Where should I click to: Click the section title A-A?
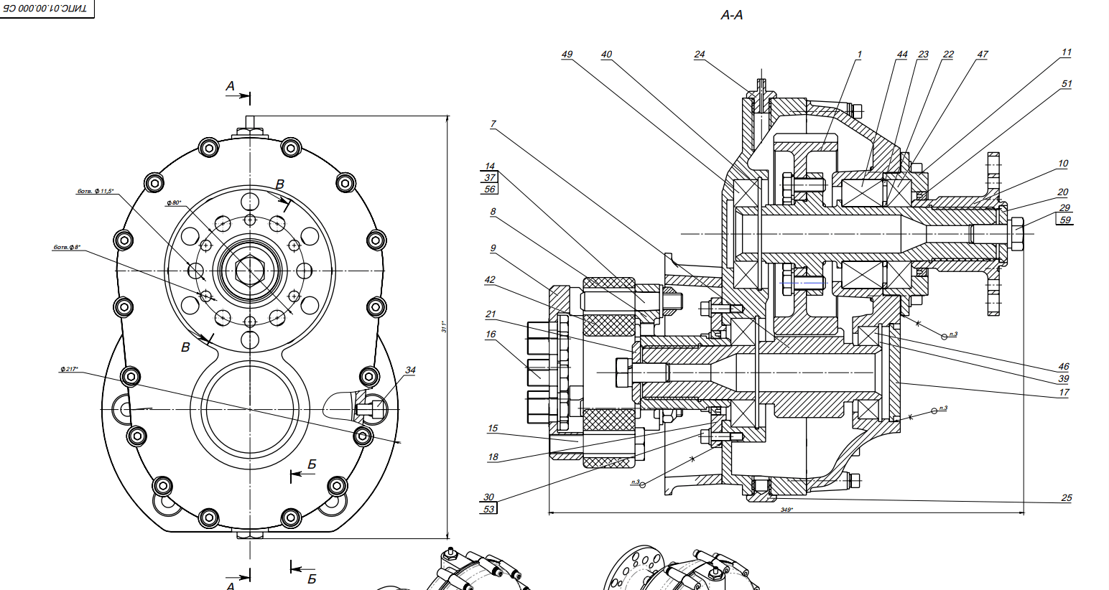click(731, 15)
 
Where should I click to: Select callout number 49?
click(567, 55)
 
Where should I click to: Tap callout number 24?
click(700, 55)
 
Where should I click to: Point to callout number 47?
click(982, 55)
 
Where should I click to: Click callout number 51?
click(1066, 84)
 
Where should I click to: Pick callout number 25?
click(1066, 497)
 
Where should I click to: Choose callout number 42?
click(490, 280)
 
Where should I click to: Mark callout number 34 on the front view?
click(410, 370)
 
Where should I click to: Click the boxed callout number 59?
click(1064, 220)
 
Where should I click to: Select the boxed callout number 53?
click(489, 509)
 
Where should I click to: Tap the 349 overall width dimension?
click(786, 510)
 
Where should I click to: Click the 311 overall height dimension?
click(444, 327)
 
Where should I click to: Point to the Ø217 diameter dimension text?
click(70, 369)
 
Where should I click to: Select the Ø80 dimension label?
click(174, 203)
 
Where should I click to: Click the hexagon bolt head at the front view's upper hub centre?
click(249, 271)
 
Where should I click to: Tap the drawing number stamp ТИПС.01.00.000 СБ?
click(46, 9)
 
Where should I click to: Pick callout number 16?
click(491, 334)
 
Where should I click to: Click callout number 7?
click(493, 124)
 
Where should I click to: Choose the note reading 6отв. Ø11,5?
click(95, 191)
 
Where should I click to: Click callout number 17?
click(1064, 393)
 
